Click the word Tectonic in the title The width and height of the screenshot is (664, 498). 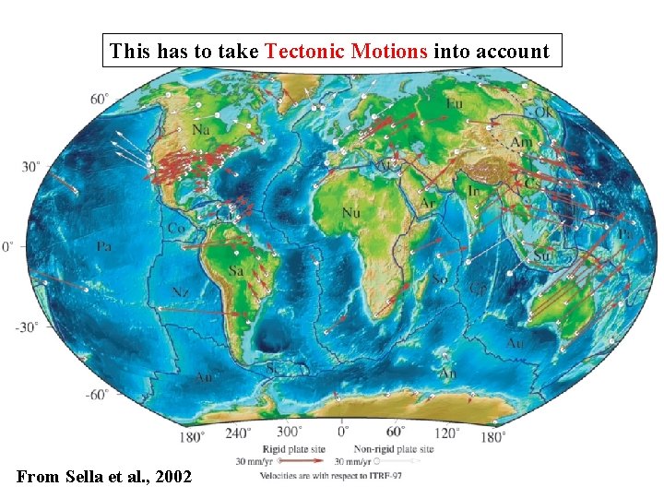304,52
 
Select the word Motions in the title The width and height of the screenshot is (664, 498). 390,52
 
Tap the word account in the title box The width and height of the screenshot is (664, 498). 512,52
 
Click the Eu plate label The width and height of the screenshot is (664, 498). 454,103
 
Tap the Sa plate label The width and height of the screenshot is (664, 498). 236,271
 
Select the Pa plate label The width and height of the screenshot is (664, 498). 103,247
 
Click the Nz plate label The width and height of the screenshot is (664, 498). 181,291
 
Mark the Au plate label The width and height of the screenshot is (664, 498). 515,343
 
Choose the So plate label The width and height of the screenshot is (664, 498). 441,279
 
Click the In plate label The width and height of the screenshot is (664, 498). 474,190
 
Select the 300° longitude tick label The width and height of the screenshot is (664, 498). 291,430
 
